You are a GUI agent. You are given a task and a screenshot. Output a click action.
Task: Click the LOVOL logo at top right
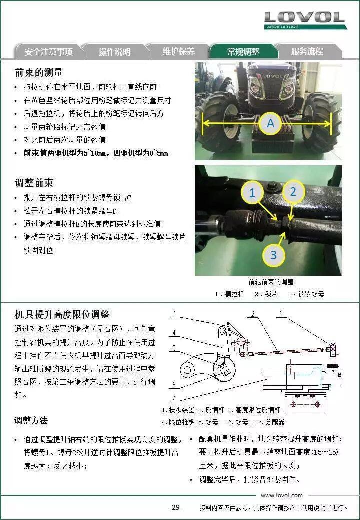(x=305, y=20)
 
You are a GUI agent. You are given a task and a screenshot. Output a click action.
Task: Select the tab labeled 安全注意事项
(x=48, y=51)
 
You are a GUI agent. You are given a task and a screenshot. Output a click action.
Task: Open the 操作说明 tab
(x=114, y=51)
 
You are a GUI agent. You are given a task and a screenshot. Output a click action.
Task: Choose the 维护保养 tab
(x=179, y=51)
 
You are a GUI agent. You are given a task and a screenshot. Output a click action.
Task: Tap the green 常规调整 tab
(x=243, y=51)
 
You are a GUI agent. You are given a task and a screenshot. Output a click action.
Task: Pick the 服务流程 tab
(x=307, y=51)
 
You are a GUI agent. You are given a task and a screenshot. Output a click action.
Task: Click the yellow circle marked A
(x=271, y=123)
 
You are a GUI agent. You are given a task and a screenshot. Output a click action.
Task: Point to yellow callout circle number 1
(x=252, y=192)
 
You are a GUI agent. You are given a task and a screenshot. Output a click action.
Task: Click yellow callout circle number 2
(x=293, y=191)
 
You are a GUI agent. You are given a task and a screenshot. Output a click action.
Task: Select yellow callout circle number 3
(x=274, y=255)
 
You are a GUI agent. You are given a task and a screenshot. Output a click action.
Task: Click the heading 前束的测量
(x=39, y=72)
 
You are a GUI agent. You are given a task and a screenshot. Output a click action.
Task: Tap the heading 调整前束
(x=34, y=183)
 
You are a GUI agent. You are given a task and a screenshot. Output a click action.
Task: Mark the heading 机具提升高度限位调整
(x=62, y=314)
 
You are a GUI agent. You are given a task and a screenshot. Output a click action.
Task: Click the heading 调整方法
(x=31, y=421)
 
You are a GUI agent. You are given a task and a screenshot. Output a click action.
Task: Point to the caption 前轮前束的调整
(x=271, y=282)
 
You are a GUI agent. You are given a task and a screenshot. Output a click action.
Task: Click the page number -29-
(x=175, y=507)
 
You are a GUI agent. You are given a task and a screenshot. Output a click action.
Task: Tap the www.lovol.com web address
(x=282, y=495)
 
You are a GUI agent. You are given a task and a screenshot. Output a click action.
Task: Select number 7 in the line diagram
(x=174, y=397)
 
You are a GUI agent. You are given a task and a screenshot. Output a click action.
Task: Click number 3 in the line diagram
(x=174, y=313)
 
